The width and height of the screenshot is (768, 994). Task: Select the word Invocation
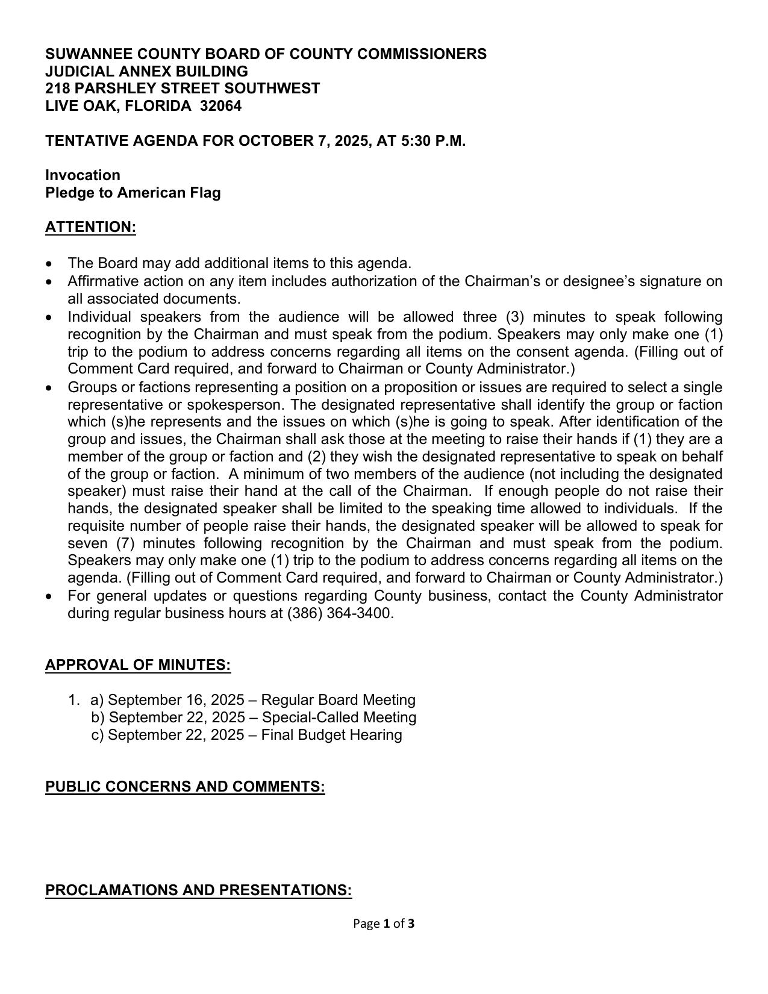pyautogui.click(x=83, y=175)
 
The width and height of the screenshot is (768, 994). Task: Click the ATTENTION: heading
pyautogui.click(x=90, y=227)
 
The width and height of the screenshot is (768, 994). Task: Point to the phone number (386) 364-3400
pyautogui.click(x=340, y=613)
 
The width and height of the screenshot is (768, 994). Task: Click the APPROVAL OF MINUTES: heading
pyautogui.click(x=138, y=665)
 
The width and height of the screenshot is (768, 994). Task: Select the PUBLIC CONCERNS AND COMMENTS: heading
pyautogui.click(x=185, y=787)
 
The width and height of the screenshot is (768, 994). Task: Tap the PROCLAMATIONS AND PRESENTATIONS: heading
pyautogui.click(x=198, y=890)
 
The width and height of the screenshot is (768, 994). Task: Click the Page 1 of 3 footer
pyautogui.click(x=384, y=924)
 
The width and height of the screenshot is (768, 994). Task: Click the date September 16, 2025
pyautogui.click(x=176, y=700)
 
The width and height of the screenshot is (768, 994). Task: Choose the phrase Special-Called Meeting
pyautogui.click(x=339, y=717)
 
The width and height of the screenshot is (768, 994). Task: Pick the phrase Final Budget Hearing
pyautogui.click(x=331, y=735)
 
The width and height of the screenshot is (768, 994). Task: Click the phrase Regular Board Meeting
pyautogui.click(x=338, y=700)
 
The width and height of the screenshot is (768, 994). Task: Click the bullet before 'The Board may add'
pyautogui.click(x=49, y=264)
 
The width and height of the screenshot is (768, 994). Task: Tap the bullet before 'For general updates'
pyautogui.click(x=49, y=597)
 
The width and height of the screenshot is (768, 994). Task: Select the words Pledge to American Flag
pyautogui.click(x=133, y=193)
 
